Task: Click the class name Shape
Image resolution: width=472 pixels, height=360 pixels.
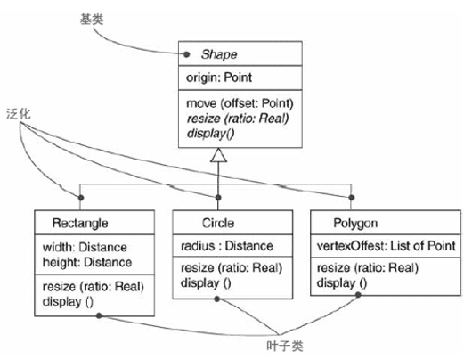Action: (217, 54)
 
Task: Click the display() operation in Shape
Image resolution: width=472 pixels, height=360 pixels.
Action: (208, 133)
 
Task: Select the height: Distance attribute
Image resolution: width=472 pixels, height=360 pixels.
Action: (87, 262)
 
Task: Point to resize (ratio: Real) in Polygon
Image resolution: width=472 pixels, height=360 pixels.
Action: (367, 268)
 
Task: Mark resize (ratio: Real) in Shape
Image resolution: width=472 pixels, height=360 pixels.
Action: (238, 117)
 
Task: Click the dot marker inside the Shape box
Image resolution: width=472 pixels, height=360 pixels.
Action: (185, 53)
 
